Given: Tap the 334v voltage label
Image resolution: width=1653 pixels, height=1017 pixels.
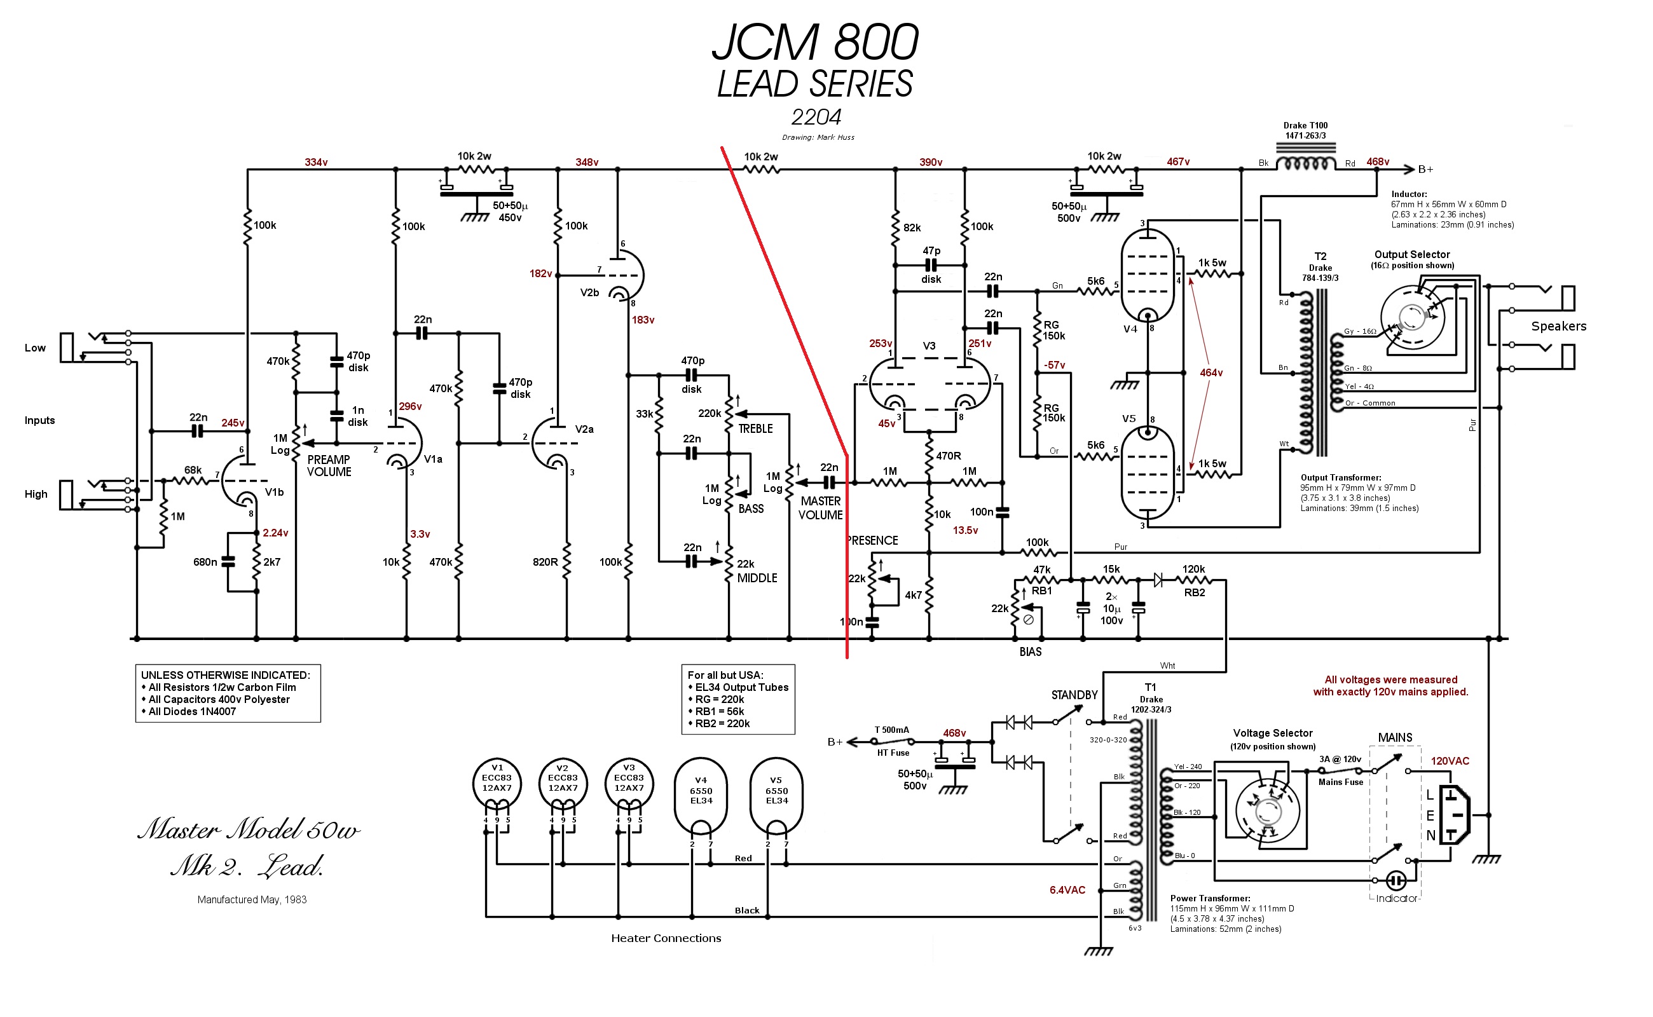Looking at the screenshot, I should click(315, 162).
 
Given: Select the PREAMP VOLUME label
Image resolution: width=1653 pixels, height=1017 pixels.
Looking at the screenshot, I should click(329, 465).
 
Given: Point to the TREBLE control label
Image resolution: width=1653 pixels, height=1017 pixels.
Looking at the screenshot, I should click(755, 428).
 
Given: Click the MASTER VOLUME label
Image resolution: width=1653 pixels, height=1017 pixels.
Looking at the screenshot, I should click(820, 508).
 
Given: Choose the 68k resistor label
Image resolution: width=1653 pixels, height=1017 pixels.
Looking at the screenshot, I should click(193, 470).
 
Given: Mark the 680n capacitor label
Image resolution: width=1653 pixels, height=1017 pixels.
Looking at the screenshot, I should click(205, 562).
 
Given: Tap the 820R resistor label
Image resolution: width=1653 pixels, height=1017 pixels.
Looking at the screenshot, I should click(545, 562).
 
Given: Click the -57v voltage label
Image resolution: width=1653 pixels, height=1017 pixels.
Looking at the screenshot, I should click(1054, 365).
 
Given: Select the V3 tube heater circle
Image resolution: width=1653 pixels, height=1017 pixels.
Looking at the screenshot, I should click(629, 784).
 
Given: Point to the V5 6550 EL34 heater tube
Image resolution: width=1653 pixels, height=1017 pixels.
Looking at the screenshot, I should click(776, 794).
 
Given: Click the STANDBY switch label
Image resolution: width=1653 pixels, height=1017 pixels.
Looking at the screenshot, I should click(1074, 695).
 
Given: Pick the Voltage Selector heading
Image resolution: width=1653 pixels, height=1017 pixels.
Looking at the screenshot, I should click(1272, 732).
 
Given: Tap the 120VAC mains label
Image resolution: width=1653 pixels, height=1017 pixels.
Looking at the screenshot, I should click(1449, 761).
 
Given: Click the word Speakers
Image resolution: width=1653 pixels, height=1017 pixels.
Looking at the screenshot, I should click(1558, 326).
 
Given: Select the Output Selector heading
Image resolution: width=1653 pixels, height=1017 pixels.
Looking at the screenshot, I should click(1411, 254).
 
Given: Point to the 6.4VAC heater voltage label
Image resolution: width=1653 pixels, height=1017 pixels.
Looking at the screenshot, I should click(1067, 890).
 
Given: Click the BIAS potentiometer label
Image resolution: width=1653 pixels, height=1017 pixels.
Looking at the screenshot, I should click(1030, 651).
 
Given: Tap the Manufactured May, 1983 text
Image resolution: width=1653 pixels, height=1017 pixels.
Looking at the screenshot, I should click(252, 899).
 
